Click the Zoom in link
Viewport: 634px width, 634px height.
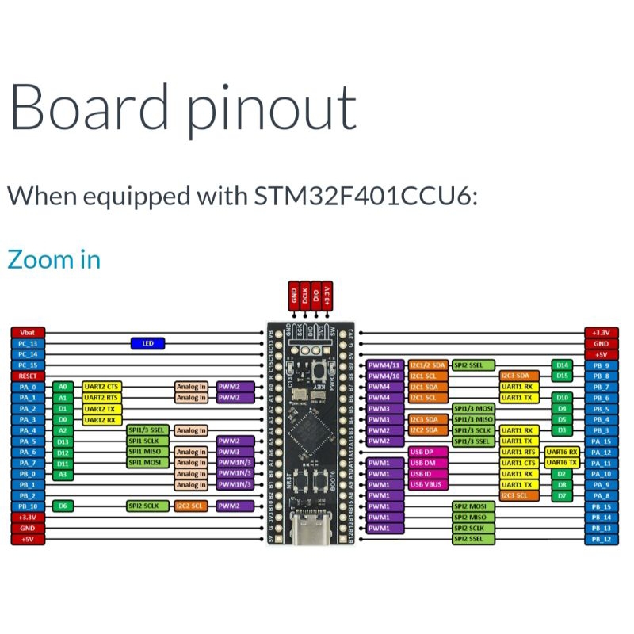tap(54, 259)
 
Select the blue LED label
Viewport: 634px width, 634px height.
tap(147, 343)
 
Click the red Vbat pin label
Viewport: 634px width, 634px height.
tap(28, 332)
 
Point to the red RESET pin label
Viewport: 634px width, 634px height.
tap(28, 376)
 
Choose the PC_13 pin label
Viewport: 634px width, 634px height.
tap(28, 343)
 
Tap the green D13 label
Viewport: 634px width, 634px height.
tap(63, 441)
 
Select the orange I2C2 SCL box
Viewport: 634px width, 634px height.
tap(191, 506)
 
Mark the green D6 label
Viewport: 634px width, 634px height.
tap(63, 506)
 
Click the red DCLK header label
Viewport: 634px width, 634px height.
tap(305, 296)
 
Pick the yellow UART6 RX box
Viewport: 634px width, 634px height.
tap(561, 452)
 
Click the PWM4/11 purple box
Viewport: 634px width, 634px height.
tap(385, 365)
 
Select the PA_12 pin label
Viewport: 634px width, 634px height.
tap(601, 452)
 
